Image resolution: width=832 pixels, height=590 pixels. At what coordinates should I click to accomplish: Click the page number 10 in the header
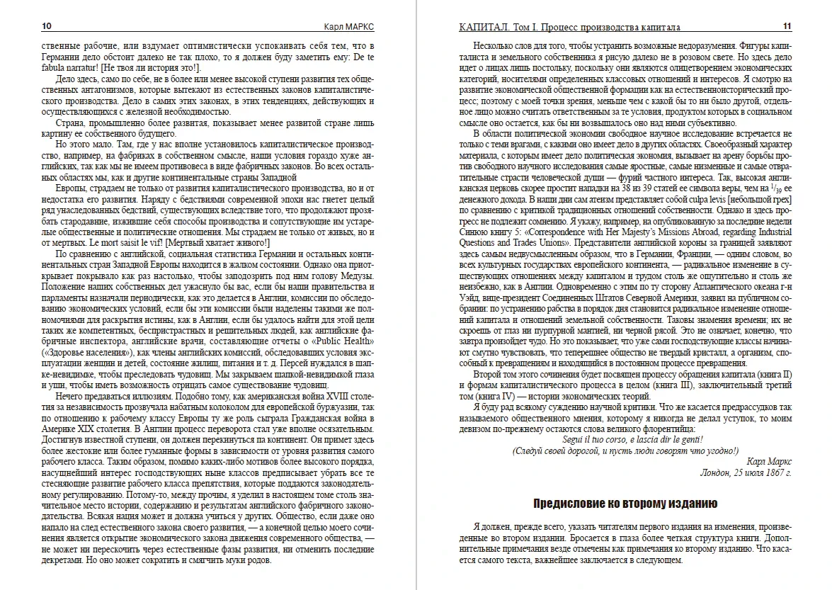tap(47, 27)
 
